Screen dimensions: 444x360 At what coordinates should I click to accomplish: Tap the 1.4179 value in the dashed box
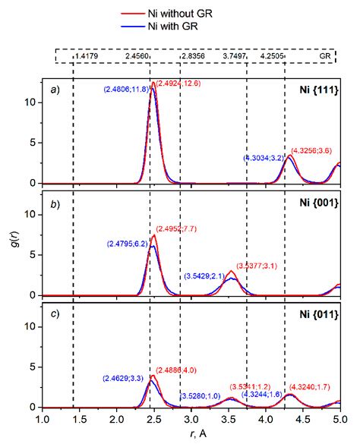(x=86, y=56)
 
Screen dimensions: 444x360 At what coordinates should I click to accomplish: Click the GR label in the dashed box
(x=325, y=56)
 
